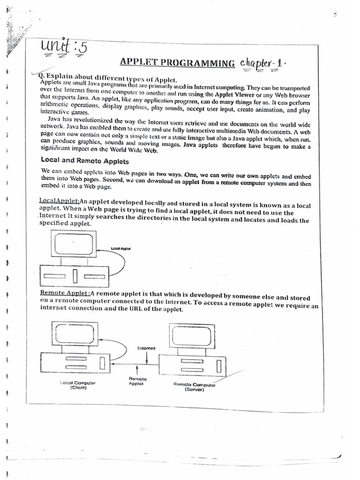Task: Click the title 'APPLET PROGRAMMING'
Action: [x=177, y=63]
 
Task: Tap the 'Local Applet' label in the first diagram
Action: [x=120, y=247]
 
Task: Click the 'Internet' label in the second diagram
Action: [x=146, y=348]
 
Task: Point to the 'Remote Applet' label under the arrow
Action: [x=138, y=381]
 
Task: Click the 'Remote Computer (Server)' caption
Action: [x=195, y=387]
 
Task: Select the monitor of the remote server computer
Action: [x=194, y=336]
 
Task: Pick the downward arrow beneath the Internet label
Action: [x=147, y=357]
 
